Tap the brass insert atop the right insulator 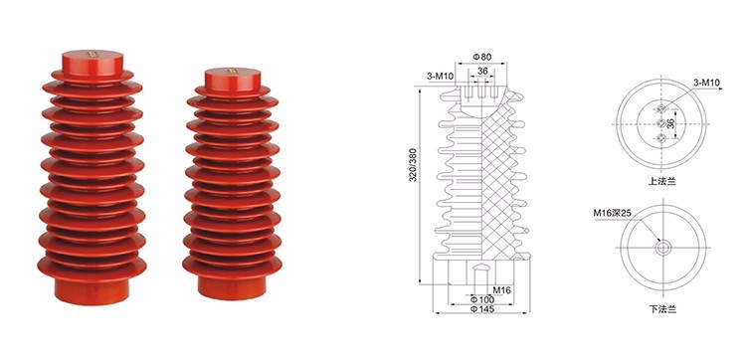click(233, 72)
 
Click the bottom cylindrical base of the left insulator click(93, 290)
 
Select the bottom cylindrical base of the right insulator click(232, 287)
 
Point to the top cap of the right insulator click(233, 80)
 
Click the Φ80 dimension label click(481, 57)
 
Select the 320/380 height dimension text click(413, 164)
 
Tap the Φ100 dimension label click(482, 299)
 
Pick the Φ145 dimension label click(482, 309)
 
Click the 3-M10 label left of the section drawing click(440, 77)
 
